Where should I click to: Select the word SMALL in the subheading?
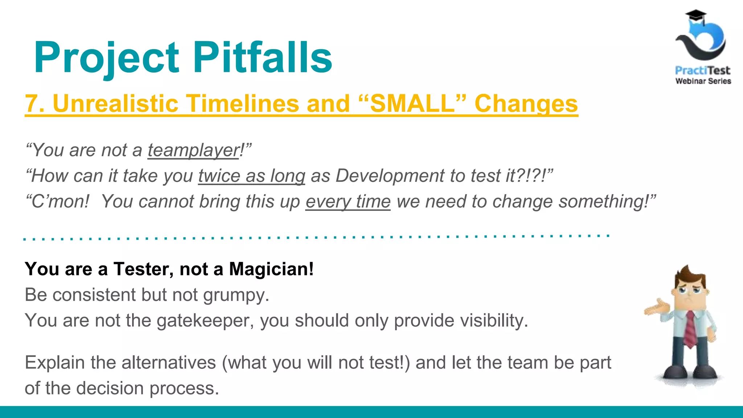click(412, 104)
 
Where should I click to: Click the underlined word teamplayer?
click(193, 150)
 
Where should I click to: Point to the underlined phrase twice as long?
click(251, 176)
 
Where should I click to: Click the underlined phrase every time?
click(348, 202)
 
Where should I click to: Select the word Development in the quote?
click(390, 176)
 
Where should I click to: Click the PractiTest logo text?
click(702, 70)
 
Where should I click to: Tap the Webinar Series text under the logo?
click(703, 81)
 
